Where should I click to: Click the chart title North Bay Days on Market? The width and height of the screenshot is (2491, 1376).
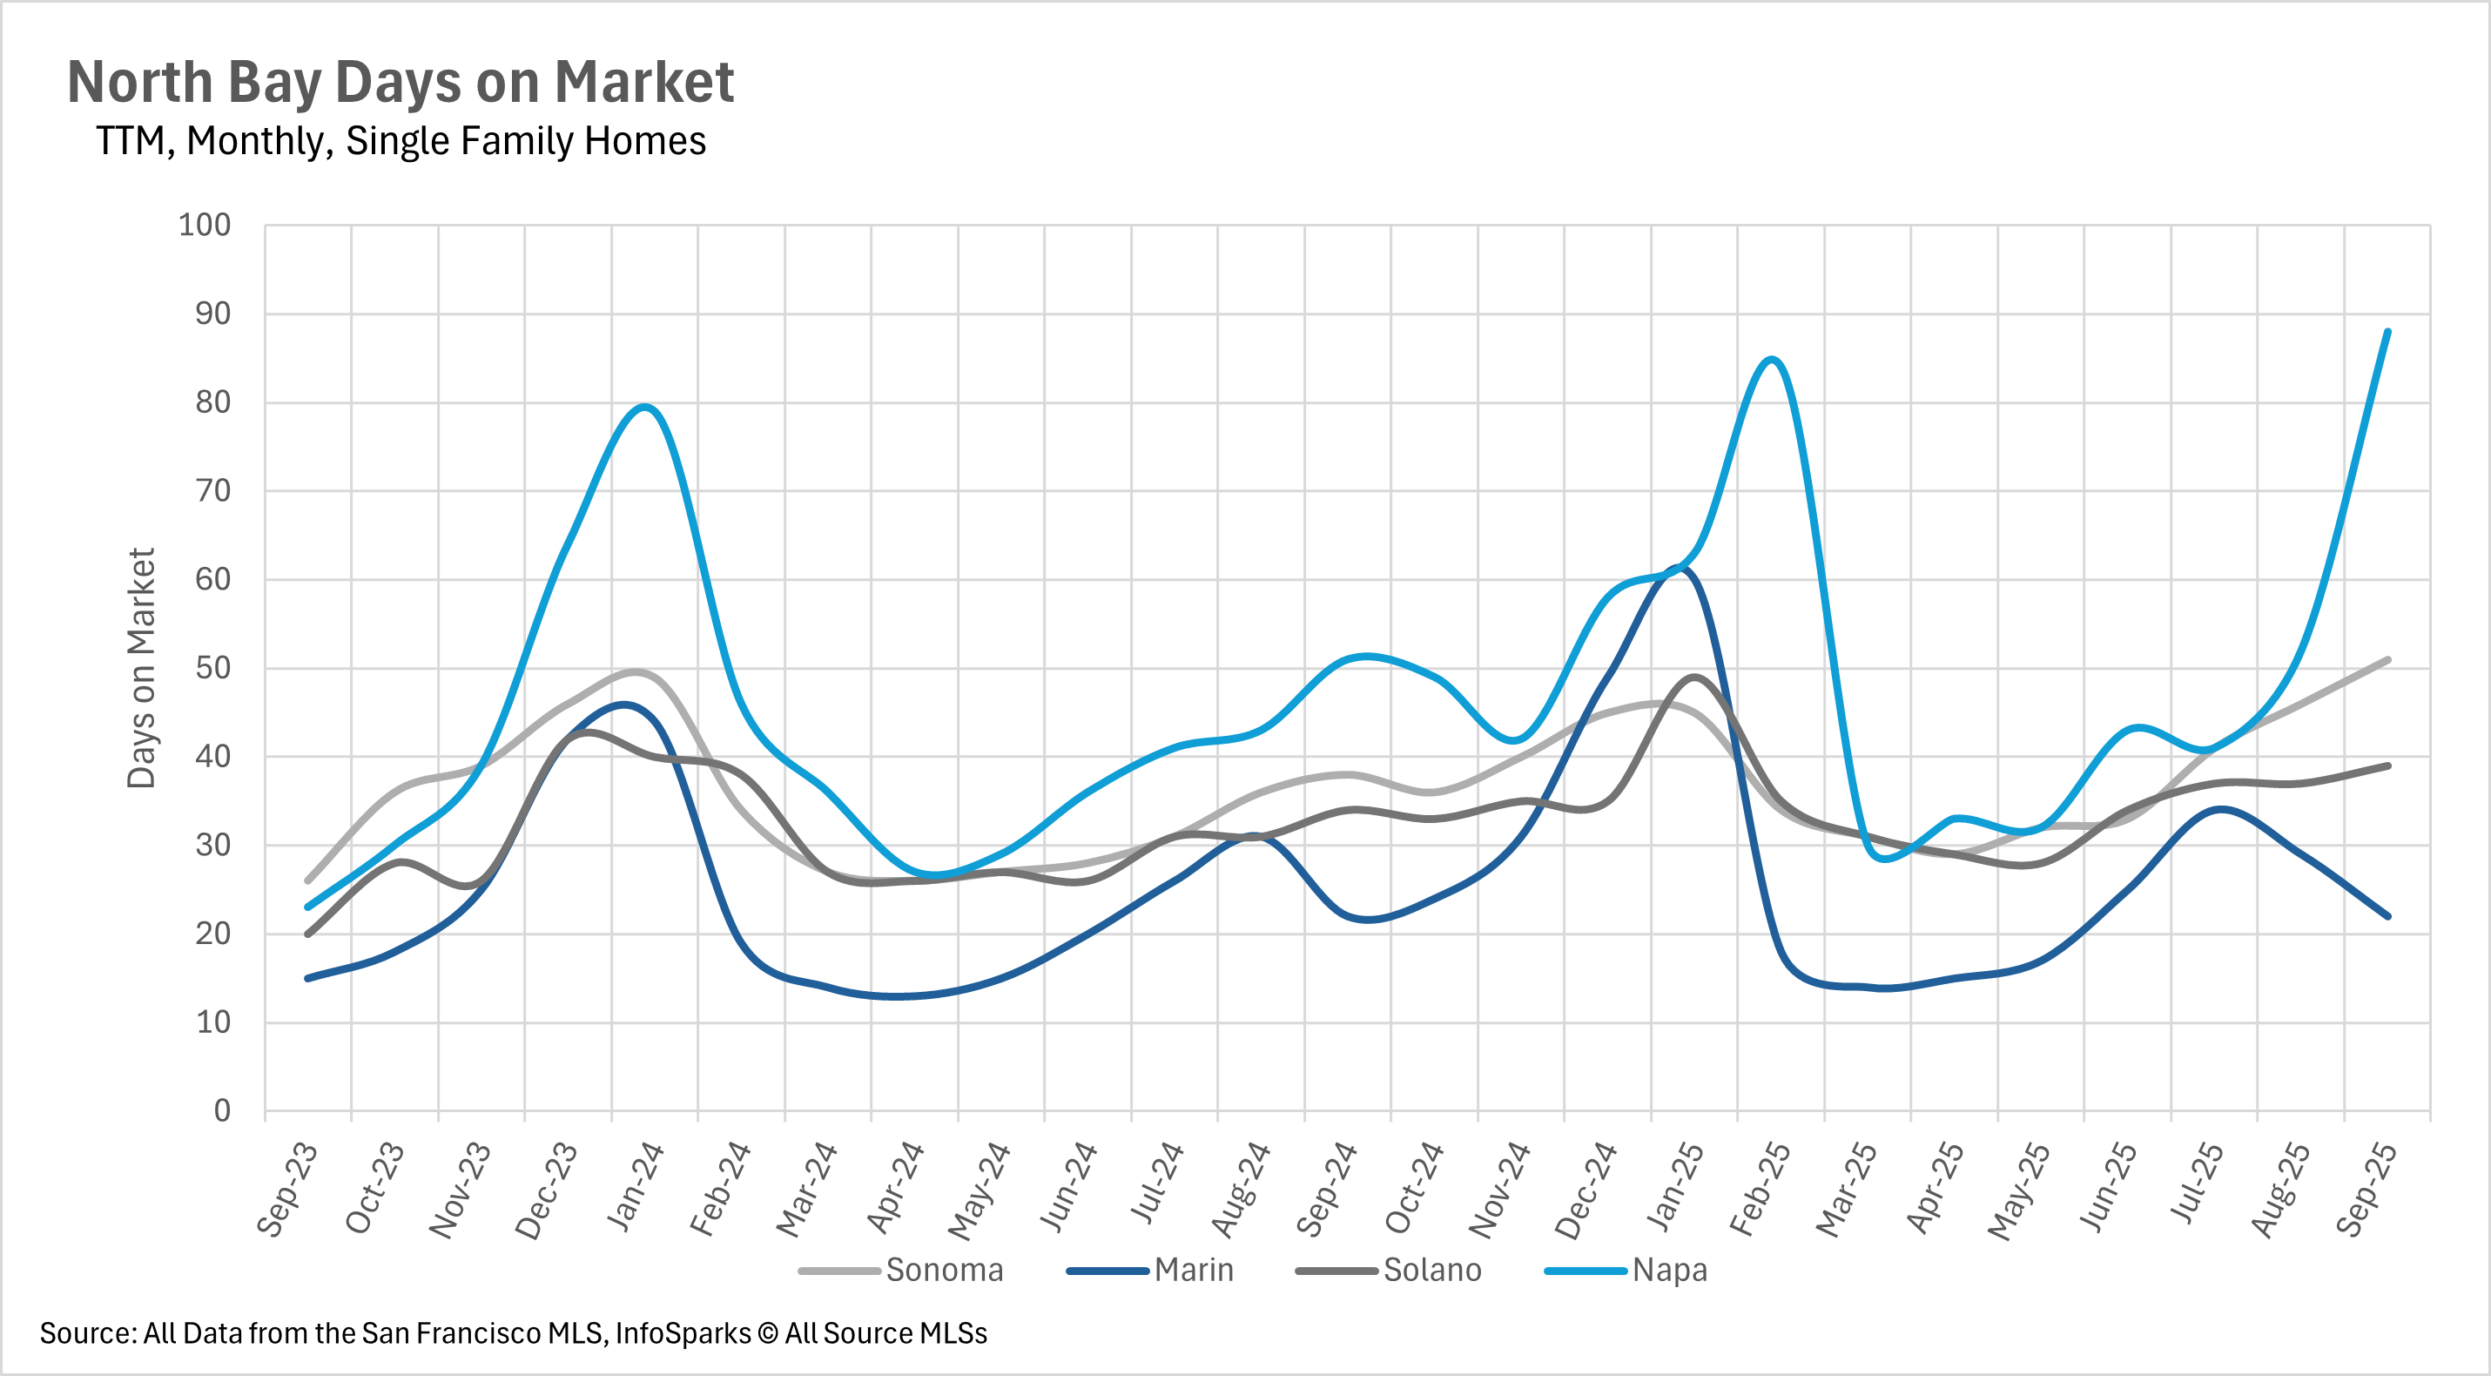coord(401,82)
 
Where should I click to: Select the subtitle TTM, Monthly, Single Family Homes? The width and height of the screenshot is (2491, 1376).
coord(401,141)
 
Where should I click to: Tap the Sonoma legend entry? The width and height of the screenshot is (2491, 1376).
coord(944,1270)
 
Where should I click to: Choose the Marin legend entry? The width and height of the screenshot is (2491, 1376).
coord(1194,1270)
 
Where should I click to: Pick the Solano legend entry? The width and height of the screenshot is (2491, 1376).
coord(1431,1270)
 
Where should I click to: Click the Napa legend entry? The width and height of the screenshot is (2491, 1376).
coord(1669,1270)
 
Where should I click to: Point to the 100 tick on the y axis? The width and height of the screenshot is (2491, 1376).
coord(204,226)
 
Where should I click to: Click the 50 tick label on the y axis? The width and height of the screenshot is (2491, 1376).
coord(212,668)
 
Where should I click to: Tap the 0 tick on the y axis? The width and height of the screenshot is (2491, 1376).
coord(222,1110)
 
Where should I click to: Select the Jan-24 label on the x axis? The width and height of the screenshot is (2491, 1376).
coord(636,1187)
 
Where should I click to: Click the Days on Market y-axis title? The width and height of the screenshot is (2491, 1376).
coord(141,668)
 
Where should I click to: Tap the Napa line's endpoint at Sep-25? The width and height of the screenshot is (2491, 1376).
coord(2388,332)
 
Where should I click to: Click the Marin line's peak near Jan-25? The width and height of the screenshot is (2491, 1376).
coord(1680,568)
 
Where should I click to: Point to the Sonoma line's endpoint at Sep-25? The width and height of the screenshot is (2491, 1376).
coord(2388,659)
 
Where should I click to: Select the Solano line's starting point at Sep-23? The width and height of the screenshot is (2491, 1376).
coord(307,934)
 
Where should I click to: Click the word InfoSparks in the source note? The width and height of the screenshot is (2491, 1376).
coord(683,1333)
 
